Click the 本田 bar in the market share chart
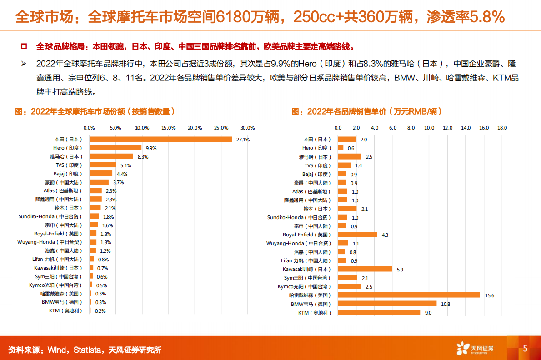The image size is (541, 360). click(x=160, y=139)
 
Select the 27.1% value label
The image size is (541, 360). click(x=243, y=140)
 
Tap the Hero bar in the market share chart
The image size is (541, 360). click(x=115, y=148)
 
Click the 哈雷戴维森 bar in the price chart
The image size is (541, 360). click(x=409, y=295)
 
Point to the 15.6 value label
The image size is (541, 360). click(x=489, y=295)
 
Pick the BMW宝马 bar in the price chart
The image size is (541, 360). click(x=387, y=304)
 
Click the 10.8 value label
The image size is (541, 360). click(x=445, y=304)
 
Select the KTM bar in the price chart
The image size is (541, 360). click(x=379, y=312)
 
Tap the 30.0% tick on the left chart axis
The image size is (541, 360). click(x=248, y=128)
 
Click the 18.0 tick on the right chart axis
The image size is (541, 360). click(x=502, y=128)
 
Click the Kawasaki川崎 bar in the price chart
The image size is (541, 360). click(x=365, y=269)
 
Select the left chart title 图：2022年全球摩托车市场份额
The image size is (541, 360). click(x=95, y=111)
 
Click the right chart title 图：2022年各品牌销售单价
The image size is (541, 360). click(x=366, y=111)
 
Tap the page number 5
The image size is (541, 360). click(x=526, y=349)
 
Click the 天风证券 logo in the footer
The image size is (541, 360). click(x=475, y=349)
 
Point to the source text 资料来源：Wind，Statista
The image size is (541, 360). click(x=85, y=350)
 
